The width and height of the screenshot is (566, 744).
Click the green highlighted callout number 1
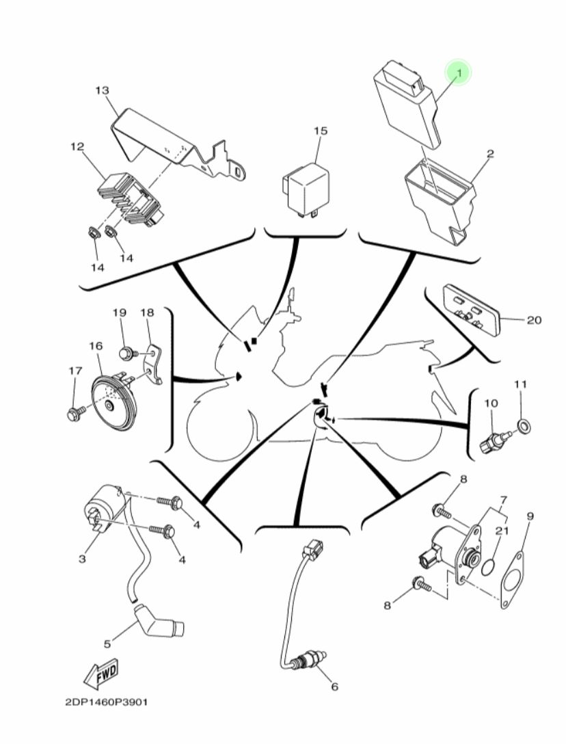point(458,72)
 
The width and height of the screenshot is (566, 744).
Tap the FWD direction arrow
point(101,674)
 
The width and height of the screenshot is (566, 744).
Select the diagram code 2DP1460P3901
point(107,702)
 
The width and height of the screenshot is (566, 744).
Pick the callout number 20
point(534,320)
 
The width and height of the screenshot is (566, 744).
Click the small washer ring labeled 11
point(524,426)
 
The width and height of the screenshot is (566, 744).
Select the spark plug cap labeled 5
point(159,622)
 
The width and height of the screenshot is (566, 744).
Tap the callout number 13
point(102,90)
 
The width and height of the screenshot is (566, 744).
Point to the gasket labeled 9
point(511,581)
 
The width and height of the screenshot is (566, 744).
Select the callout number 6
point(334,686)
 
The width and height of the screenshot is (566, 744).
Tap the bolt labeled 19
point(127,354)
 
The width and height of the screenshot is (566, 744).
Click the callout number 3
point(83,559)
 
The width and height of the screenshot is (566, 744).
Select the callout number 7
point(503,500)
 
